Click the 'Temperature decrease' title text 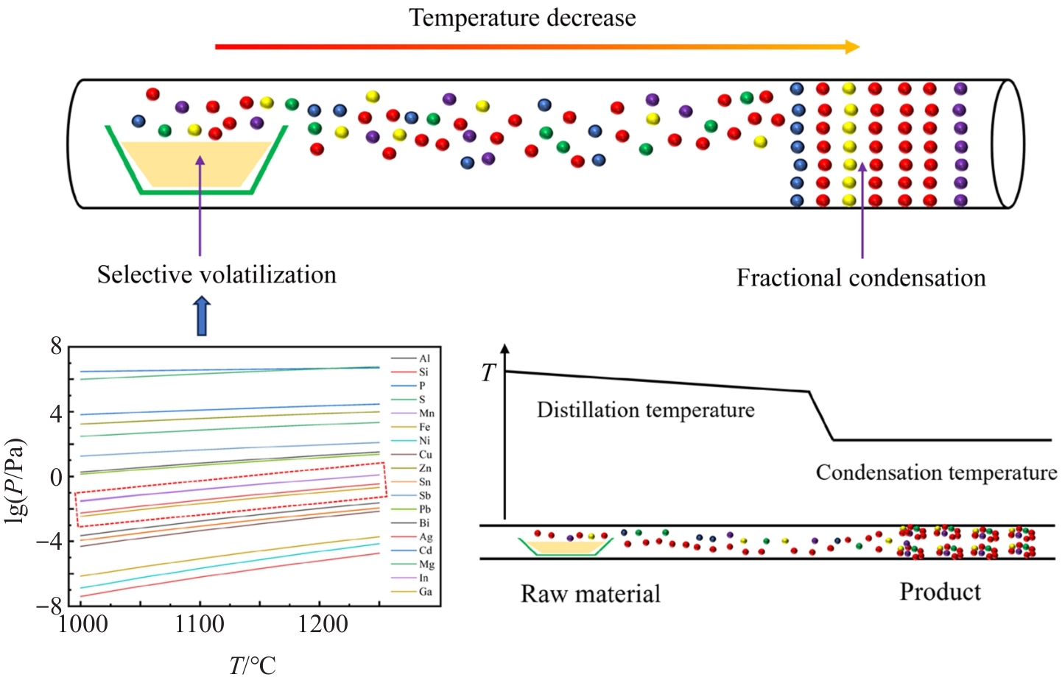[x=522, y=18]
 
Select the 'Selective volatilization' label [x=217, y=275]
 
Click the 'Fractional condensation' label [x=861, y=277]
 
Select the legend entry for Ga [x=425, y=592]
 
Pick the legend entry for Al [x=424, y=358]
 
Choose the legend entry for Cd [x=425, y=550]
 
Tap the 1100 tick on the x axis [x=200, y=625]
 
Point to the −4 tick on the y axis [x=56, y=542]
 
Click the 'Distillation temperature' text [x=645, y=410]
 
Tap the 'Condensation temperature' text [x=936, y=472]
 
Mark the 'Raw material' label [x=590, y=594]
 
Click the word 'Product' [x=940, y=592]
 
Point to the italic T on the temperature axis [x=488, y=373]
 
